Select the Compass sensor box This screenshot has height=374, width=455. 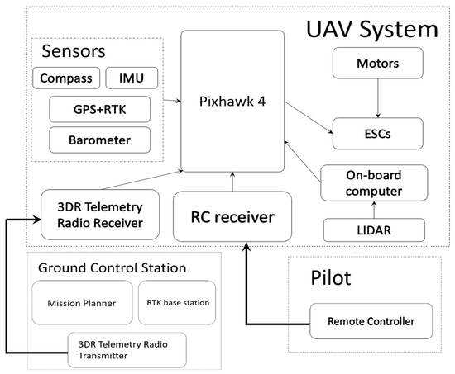pos(65,79)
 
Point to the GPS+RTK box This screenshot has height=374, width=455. pos(100,108)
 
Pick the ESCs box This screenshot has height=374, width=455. pos(378,132)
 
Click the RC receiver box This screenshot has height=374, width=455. pos(232,217)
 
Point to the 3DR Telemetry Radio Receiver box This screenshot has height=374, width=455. pos(100,215)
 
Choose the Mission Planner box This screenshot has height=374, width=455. pos(81,302)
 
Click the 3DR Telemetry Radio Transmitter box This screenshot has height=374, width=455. pos(126,350)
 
